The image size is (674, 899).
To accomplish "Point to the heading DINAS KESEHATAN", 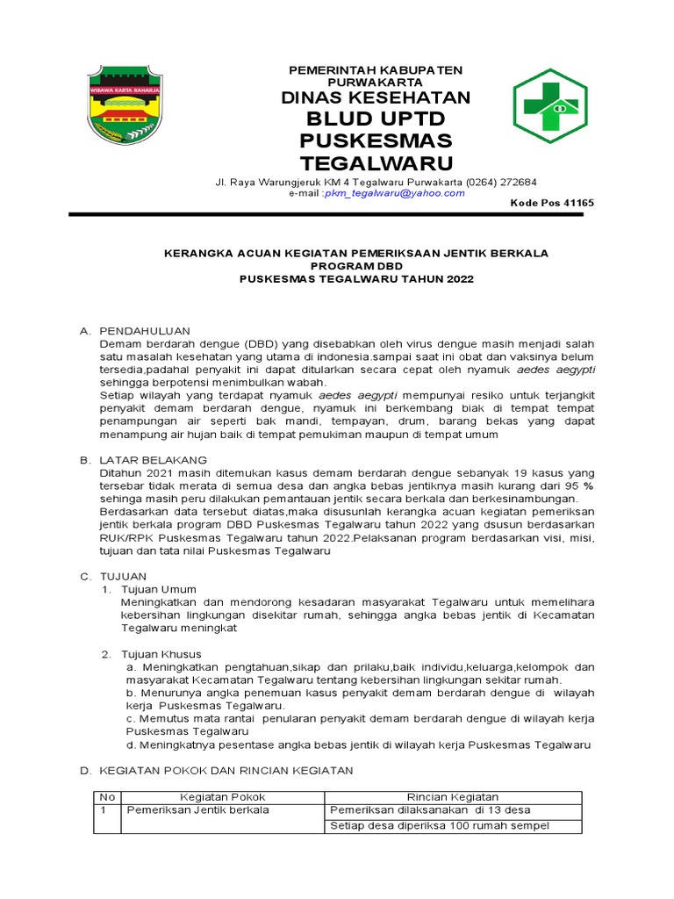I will pyautogui.click(x=376, y=97).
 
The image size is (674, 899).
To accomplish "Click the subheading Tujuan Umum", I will pyautogui.click(x=158, y=589).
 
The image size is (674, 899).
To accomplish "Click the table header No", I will pyautogui.click(x=107, y=796).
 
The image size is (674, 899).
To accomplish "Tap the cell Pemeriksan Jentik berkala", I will pyautogui.click(x=198, y=809).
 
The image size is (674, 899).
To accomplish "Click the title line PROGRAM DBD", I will pyautogui.click(x=356, y=266).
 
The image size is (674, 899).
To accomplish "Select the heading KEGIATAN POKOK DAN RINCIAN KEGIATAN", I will pyautogui.click(x=226, y=771).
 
